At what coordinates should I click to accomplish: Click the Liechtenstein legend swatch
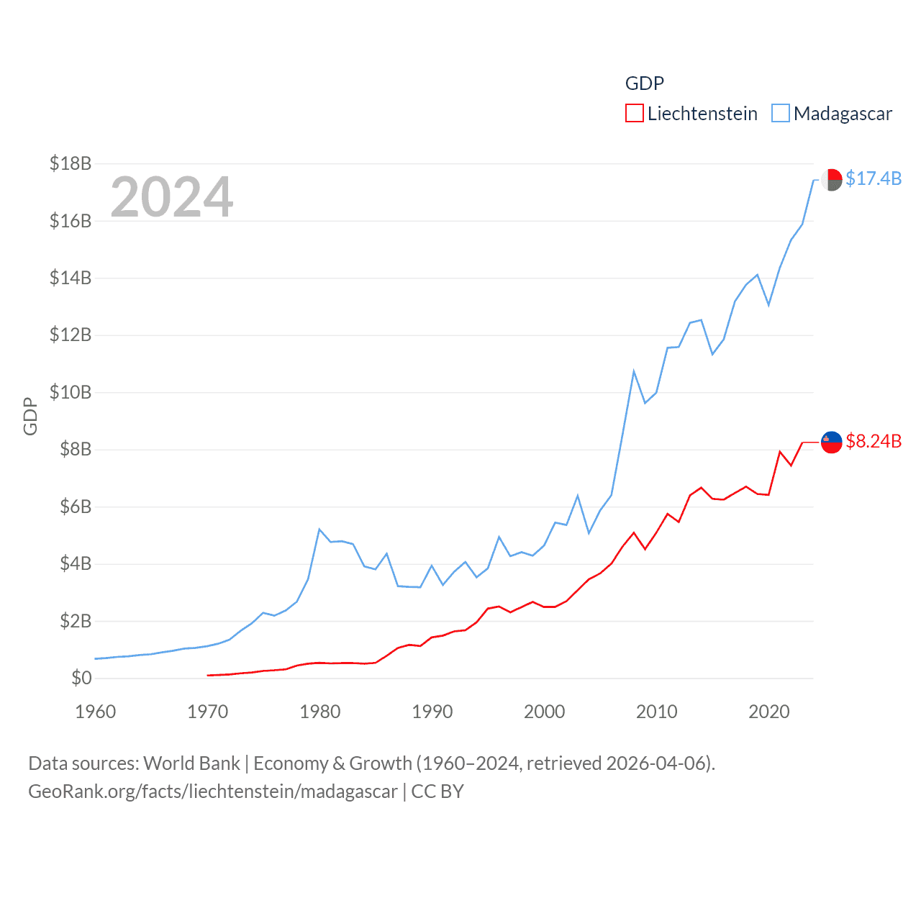[x=634, y=114]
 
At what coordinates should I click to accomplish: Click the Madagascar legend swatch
[x=780, y=114]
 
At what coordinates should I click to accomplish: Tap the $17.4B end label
[x=874, y=178]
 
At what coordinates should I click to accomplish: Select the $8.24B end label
[x=874, y=441]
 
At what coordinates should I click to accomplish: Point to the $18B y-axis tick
[x=71, y=163]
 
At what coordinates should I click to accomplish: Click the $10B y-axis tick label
[x=71, y=392]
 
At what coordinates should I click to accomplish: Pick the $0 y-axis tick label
[x=81, y=678]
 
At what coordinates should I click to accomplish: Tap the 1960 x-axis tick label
[x=96, y=712]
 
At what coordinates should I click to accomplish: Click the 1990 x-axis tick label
[x=432, y=712]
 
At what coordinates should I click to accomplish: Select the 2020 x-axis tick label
[x=769, y=712]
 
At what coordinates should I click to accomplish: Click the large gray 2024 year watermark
[x=172, y=197]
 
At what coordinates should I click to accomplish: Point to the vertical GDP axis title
[x=30, y=416]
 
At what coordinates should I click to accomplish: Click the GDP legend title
[x=644, y=83]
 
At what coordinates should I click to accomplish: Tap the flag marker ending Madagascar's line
[x=832, y=180]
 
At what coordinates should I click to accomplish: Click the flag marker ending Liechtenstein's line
[x=832, y=443]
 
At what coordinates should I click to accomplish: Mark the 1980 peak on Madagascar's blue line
[x=319, y=530]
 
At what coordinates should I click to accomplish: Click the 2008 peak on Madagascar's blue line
[x=634, y=371]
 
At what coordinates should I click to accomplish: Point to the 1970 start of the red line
[x=208, y=675]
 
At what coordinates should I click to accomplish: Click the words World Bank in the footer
[x=191, y=763]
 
